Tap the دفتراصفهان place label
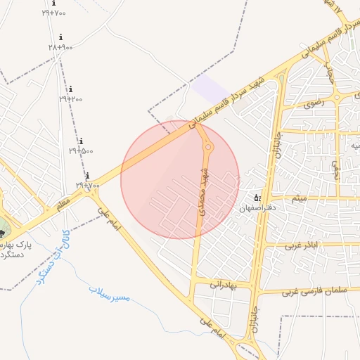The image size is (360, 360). pos(257,209)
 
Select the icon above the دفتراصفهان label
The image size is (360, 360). pos(257,198)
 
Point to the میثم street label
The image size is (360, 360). pos(300,198)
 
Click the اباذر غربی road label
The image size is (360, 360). pos(302,245)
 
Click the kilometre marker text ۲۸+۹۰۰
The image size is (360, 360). pos(60,46)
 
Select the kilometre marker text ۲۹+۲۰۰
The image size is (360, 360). pos(70,99)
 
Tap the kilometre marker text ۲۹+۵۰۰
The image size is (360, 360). pos(81,150)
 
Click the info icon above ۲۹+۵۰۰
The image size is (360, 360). pos(81,141)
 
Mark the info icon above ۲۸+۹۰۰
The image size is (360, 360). pos(60,37)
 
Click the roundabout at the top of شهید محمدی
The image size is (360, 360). pos(208,147)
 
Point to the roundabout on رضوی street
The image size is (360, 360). pos(337,96)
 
